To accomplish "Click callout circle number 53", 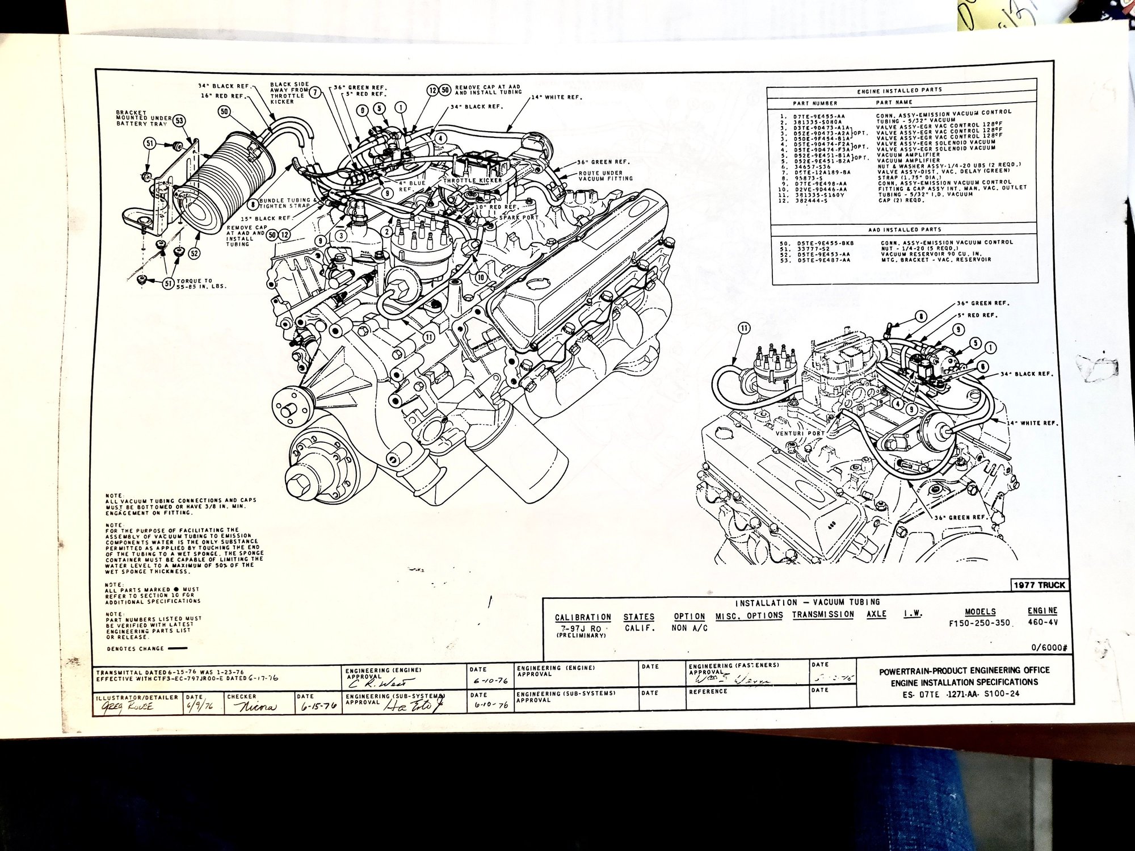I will point(179,120).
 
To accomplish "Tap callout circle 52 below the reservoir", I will point(194,253).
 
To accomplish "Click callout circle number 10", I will point(480,277).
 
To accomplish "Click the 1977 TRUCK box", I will point(1039,585).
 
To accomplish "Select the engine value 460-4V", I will point(1042,622).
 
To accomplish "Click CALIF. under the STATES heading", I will point(640,628).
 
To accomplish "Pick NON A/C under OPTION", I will point(691,628).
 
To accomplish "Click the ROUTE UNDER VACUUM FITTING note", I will point(605,175).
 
